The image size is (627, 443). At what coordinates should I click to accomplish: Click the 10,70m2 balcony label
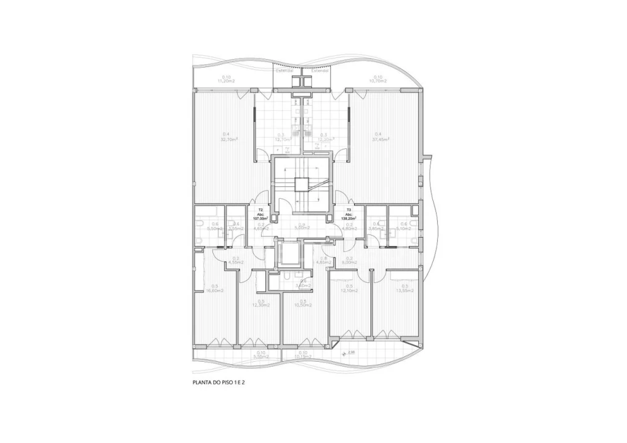coord(378,79)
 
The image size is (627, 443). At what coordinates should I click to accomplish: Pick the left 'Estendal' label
coord(285,71)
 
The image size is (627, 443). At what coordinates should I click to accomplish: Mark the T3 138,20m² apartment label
coord(349,214)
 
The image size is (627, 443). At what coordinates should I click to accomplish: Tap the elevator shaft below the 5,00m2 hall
coord(289,253)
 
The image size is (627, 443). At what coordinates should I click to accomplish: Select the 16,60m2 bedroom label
coord(215,288)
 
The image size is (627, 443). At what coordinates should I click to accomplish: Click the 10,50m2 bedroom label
coord(302,303)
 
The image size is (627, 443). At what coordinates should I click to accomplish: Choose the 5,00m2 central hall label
coord(301,226)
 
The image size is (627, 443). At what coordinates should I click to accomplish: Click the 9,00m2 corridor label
coord(349,261)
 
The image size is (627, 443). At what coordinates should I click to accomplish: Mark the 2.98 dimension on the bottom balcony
coord(351,352)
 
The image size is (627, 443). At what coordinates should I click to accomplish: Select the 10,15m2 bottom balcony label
coord(302,354)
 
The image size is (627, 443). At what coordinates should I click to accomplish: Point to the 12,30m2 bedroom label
coord(261,303)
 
